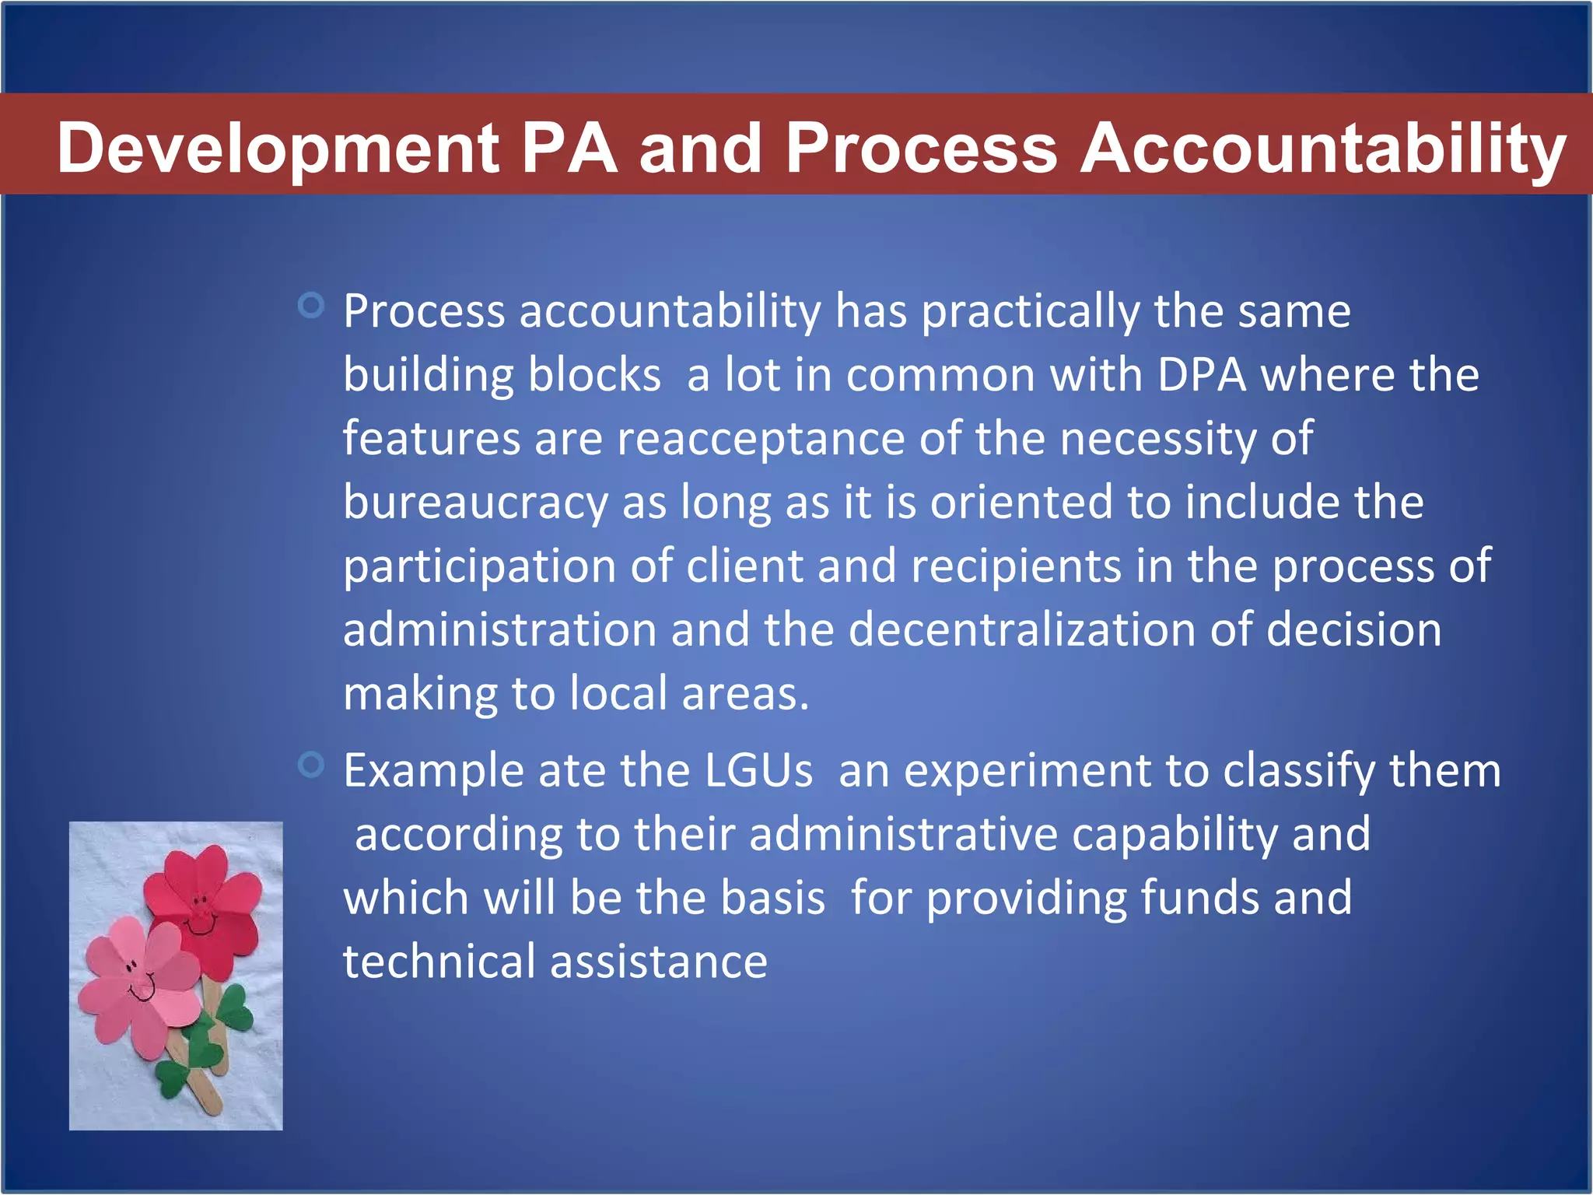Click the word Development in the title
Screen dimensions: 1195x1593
[x=278, y=149]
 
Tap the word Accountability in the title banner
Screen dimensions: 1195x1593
[x=1323, y=149]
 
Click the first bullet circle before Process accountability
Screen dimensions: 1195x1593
[x=311, y=305]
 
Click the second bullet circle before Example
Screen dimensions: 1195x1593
[x=311, y=765]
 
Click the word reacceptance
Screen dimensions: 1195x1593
[x=761, y=440]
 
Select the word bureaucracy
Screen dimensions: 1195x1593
[x=475, y=503]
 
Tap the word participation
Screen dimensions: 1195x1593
[x=480, y=567]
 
